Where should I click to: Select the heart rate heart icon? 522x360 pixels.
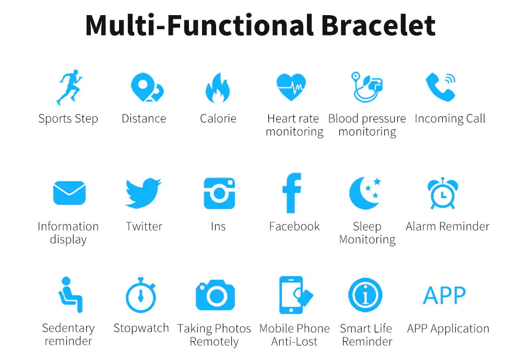click(291, 87)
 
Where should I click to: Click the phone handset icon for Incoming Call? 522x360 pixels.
click(440, 87)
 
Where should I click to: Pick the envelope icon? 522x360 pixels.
click(69, 193)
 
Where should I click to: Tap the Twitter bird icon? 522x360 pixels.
click(143, 193)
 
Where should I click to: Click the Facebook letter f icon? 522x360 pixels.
click(292, 193)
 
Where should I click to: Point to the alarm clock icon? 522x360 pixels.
click(443, 194)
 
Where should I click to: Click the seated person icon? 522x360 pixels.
click(70, 295)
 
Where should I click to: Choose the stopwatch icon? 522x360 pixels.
click(141, 295)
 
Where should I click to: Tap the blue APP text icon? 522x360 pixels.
click(444, 295)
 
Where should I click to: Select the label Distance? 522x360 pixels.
click(144, 118)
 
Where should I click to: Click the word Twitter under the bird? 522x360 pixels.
click(144, 226)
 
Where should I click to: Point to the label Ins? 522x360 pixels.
click(218, 226)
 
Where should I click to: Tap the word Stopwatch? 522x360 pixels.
click(141, 328)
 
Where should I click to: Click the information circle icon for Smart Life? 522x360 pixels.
click(365, 295)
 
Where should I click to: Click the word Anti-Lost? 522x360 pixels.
click(294, 341)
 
